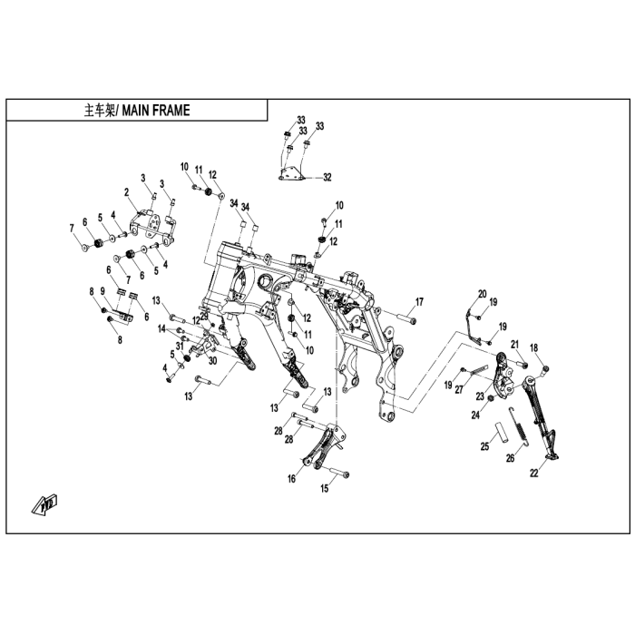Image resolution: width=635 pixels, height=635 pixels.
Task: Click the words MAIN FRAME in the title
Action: (x=156, y=110)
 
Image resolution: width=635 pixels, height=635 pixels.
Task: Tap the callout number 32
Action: (x=327, y=178)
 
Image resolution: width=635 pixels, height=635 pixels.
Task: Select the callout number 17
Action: (x=419, y=302)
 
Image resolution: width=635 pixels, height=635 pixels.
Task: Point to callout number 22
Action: (x=534, y=473)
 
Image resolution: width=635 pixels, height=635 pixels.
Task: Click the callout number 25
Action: (x=484, y=446)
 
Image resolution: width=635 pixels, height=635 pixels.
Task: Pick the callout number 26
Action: (x=510, y=458)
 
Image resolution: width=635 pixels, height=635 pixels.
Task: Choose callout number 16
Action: (x=291, y=479)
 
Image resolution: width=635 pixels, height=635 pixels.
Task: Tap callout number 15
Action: (x=325, y=488)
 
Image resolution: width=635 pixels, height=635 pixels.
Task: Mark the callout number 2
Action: (x=126, y=192)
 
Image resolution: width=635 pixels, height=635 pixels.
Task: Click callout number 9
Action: (x=103, y=291)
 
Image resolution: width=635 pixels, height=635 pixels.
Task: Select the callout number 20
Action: (x=482, y=294)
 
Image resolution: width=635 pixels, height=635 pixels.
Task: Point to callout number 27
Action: (x=459, y=389)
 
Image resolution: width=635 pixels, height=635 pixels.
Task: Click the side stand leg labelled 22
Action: (x=541, y=417)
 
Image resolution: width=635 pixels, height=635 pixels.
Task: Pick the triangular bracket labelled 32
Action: (x=291, y=173)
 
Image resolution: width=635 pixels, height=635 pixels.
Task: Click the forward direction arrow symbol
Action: (x=44, y=503)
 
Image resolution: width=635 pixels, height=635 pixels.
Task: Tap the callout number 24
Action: (x=475, y=415)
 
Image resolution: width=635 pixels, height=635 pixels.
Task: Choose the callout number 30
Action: (x=212, y=360)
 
